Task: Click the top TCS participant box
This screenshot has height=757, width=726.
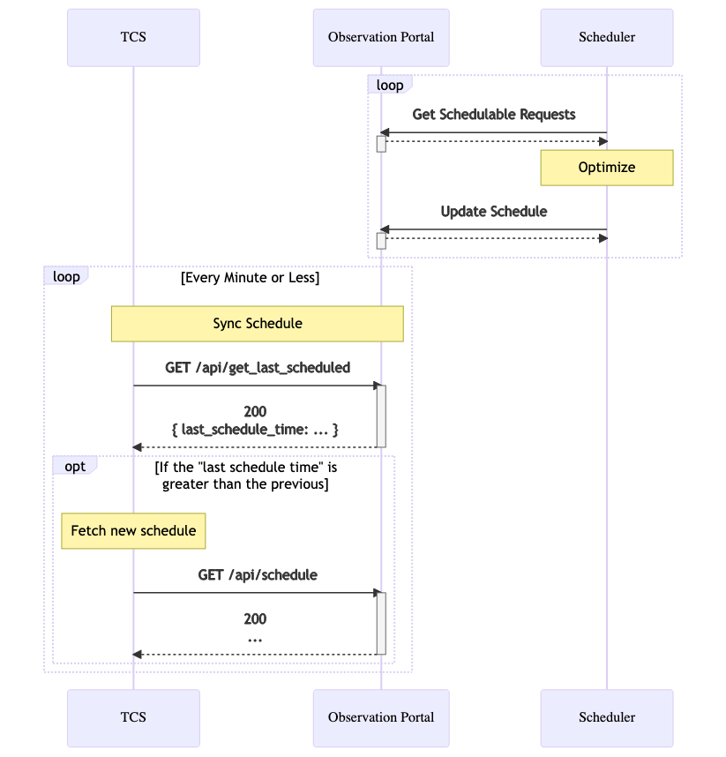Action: click(133, 37)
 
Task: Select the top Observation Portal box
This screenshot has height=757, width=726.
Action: click(381, 37)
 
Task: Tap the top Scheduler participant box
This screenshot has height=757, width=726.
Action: click(607, 37)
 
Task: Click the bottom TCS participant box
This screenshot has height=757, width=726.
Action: click(133, 717)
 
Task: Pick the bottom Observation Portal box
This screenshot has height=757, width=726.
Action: click(381, 717)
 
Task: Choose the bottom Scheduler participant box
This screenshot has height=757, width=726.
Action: click(607, 717)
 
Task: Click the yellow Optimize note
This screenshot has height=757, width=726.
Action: click(607, 168)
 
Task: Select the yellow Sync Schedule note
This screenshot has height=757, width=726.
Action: click(258, 324)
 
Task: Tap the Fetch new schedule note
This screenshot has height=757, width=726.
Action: click(133, 531)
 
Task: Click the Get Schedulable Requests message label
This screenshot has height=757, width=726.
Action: click(494, 115)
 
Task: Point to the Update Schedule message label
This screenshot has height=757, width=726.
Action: click(494, 212)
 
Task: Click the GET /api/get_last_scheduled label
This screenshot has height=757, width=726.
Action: click(258, 367)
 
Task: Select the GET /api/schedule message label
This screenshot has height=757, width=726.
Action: click(258, 574)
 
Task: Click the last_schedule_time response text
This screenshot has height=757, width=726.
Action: click(255, 429)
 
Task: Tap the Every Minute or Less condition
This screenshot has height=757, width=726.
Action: click(250, 278)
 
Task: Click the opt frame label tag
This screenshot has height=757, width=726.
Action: click(75, 466)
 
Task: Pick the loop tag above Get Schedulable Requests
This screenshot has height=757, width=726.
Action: click(390, 86)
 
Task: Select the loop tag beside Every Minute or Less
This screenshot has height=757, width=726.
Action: click(66, 276)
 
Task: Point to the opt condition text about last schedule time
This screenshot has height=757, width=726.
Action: click(245, 476)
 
